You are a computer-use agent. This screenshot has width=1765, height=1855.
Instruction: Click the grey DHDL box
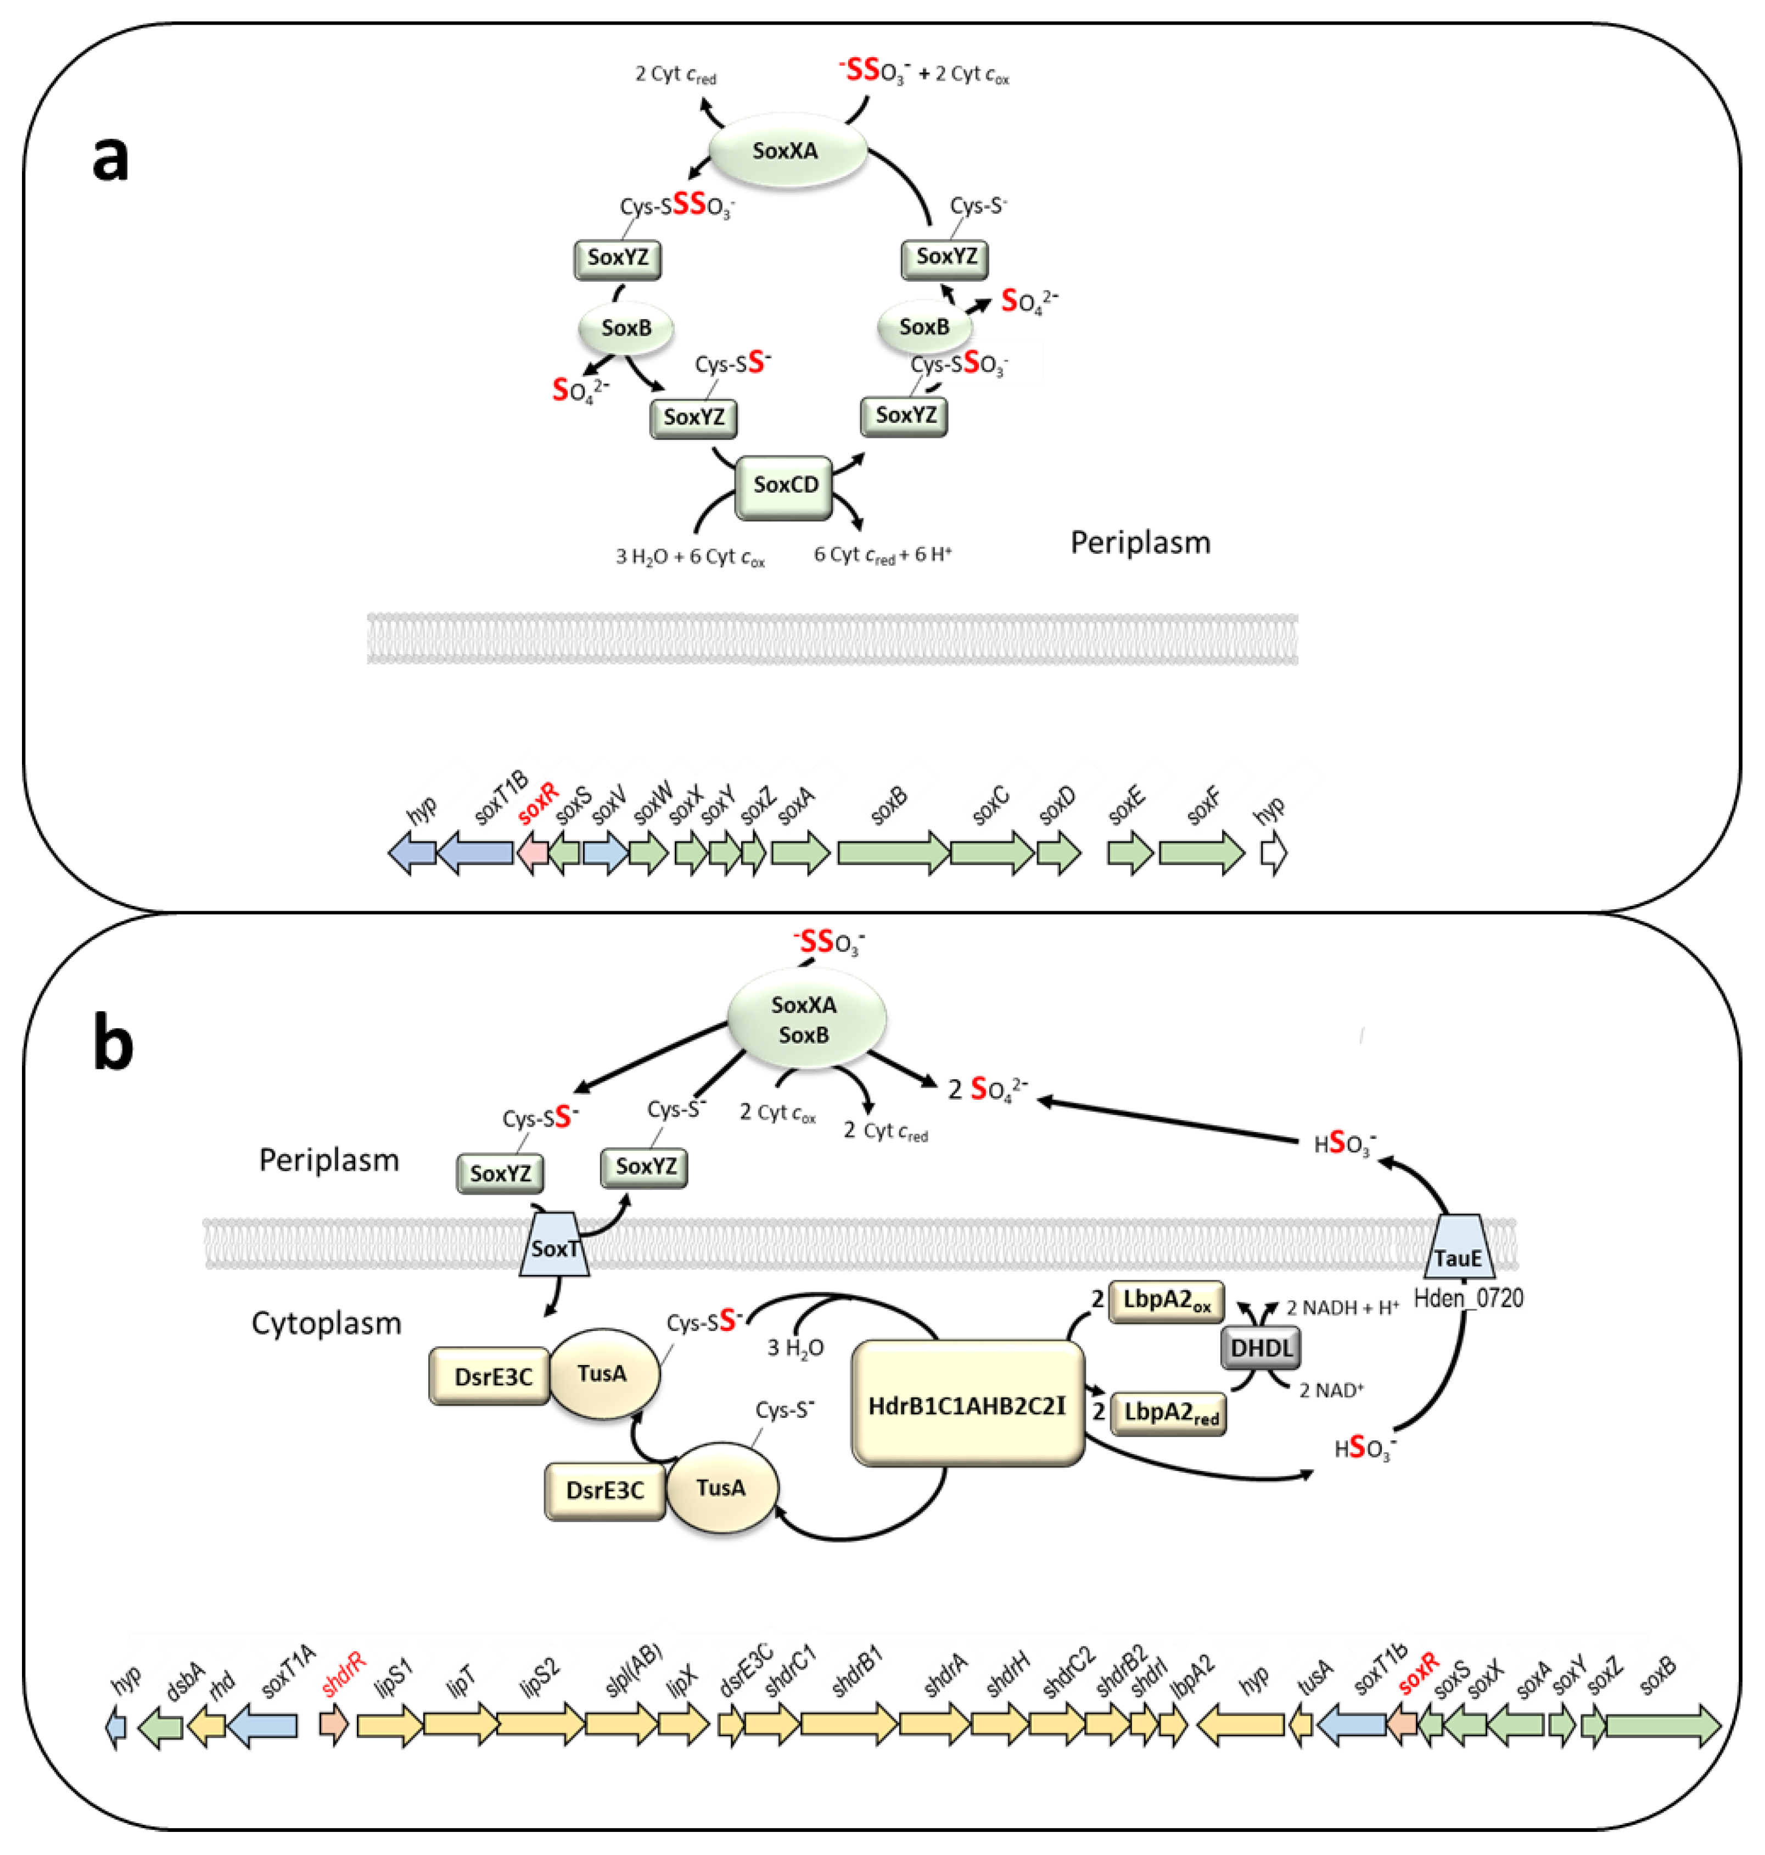pyautogui.click(x=1262, y=1349)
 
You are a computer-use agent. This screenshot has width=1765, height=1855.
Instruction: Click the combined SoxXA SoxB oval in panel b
pyautogui.click(x=805, y=1020)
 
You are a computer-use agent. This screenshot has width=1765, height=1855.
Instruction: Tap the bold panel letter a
pyautogui.click(x=110, y=157)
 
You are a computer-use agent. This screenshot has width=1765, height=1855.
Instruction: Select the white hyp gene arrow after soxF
pyautogui.click(x=1273, y=854)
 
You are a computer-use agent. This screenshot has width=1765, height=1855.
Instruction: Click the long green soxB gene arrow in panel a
pyautogui.click(x=892, y=854)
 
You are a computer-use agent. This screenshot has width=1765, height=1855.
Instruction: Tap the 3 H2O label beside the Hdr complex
pyautogui.click(x=795, y=1349)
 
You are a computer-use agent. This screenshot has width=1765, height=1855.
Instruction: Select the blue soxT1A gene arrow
pyautogui.click(x=264, y=1725)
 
